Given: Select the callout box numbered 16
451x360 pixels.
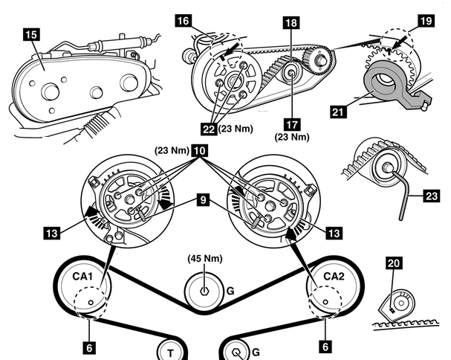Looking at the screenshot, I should pos(182,22).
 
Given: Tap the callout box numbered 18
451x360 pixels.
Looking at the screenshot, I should pos(291,23).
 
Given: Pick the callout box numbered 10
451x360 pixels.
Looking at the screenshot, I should pos(199,150).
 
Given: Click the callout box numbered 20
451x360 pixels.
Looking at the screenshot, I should pos(395,263).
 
